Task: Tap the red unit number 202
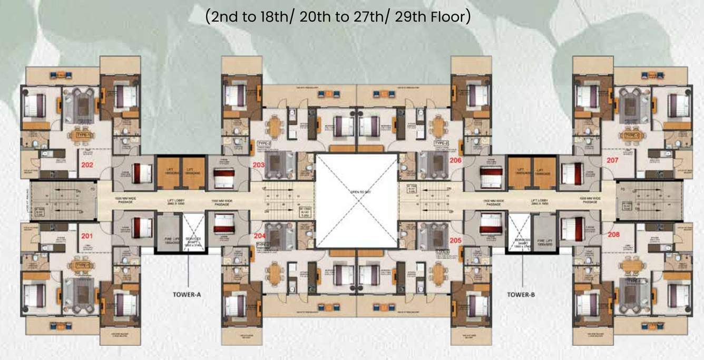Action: pos(87,164)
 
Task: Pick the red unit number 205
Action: pos(456,240)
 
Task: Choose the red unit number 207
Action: pos(612,160)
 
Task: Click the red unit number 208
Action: pos(613,234)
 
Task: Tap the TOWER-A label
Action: pos(187,295)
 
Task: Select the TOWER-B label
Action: pos(521,295)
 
